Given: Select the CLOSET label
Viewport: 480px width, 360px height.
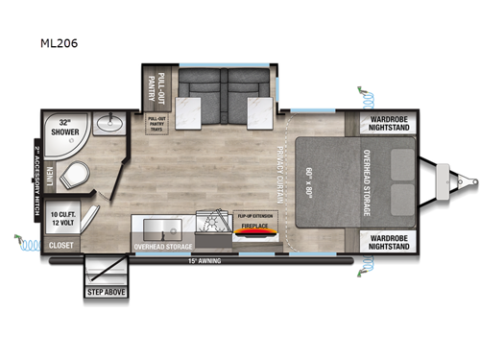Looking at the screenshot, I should tap(60, 245).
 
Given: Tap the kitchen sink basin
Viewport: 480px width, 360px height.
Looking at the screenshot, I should tap(165, 229).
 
